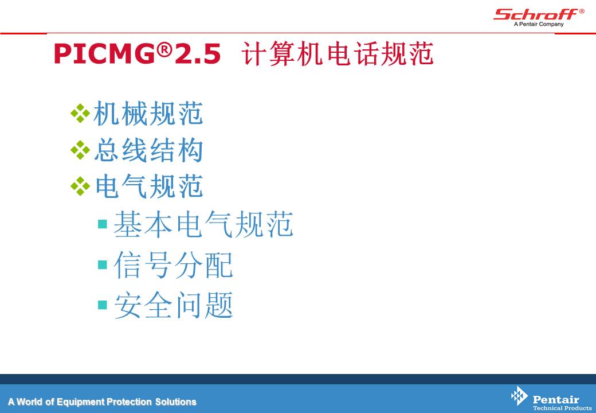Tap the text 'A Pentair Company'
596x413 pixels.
coord(539,24)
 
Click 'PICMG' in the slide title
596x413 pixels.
coord(105,53)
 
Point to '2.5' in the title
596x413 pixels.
coord(197,53)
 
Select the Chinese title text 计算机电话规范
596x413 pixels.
coord(338,53)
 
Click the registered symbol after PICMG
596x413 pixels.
coord(164,49)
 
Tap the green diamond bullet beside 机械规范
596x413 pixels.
coord(80,114)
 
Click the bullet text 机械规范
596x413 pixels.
coord(148,114)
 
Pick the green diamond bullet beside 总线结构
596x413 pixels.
coord(80,150)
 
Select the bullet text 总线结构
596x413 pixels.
coord(148,150)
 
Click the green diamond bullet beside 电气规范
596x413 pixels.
coord(80,186)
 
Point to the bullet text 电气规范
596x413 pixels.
coord(148,186)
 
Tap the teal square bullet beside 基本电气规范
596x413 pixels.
coord(102,224)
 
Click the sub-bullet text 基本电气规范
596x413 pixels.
coord(203,224)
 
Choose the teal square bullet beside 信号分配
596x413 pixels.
coord(102,264)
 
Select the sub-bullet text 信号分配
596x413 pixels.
coord(173,265)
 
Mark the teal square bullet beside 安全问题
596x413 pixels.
coord(102,305)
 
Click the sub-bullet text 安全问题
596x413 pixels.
coord(173,305)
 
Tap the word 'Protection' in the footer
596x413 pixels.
coord(129,402)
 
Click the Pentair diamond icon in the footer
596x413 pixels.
coord(519,396)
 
